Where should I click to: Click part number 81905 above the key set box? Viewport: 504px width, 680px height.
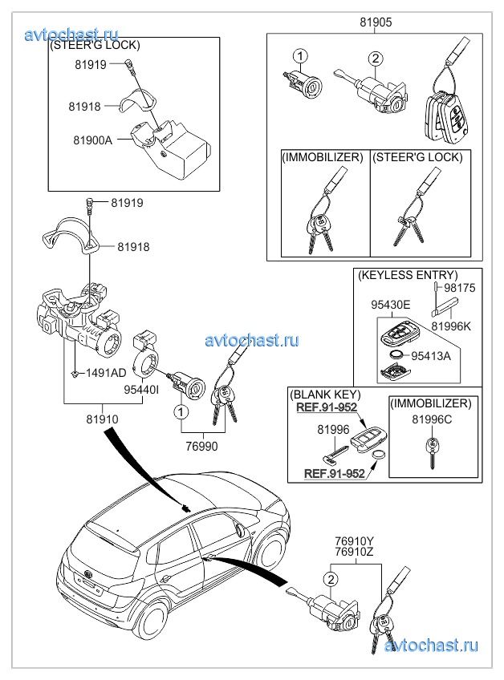376,22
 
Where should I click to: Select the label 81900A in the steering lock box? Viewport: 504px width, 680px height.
92,140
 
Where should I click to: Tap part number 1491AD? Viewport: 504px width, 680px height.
106,373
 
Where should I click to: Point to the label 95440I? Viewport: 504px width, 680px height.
141,390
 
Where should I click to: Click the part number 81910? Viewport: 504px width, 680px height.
102,419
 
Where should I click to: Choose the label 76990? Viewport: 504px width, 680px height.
202,446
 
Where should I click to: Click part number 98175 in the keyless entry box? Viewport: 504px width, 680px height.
459,288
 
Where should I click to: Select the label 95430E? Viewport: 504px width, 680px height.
390,305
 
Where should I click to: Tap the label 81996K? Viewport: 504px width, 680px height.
451,326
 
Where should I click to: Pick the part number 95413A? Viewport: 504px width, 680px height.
431,356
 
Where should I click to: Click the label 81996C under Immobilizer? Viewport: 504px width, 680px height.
432,419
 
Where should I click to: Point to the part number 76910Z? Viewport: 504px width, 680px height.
354,552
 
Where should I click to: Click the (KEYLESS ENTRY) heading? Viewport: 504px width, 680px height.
408,275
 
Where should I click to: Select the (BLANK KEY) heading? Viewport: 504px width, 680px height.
325,395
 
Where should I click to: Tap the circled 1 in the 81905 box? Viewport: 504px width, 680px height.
300,56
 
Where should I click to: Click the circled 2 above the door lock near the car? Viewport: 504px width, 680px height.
331,579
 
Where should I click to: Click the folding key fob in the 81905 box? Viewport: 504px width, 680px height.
444,115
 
